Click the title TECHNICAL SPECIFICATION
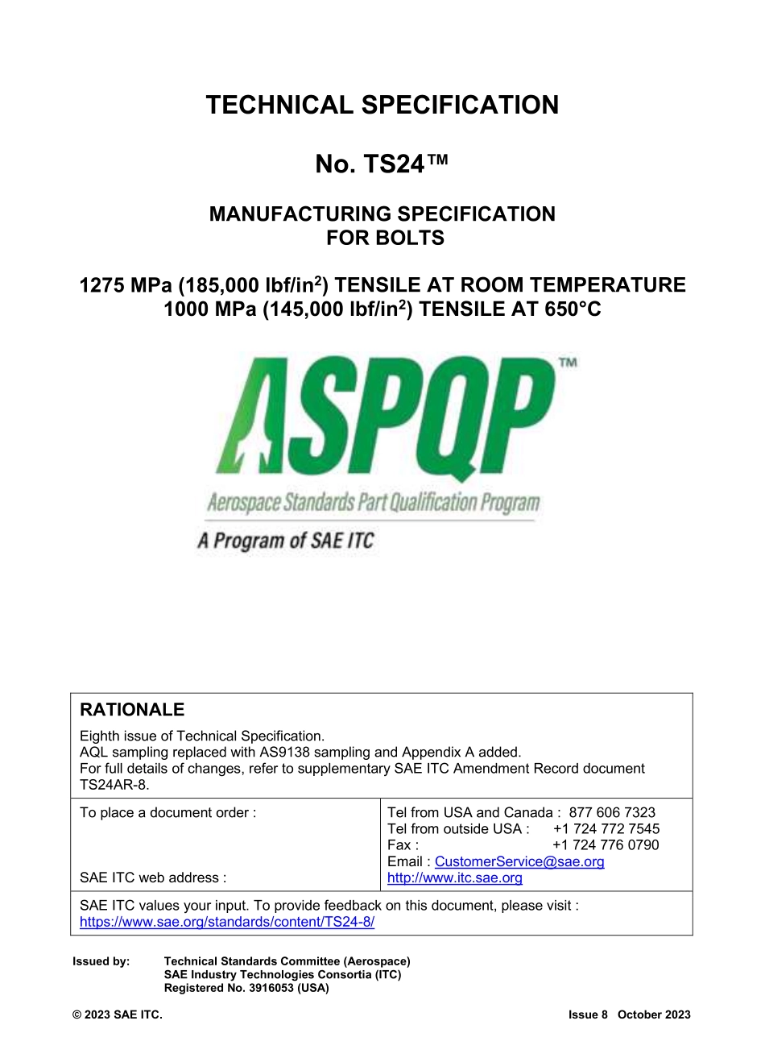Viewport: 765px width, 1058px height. [x=382, y=106]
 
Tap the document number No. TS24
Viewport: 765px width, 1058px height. [x=381, y=164]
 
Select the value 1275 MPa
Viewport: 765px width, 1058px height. [x=125, y=285]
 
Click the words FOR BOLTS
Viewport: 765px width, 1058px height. [x=385, y=239]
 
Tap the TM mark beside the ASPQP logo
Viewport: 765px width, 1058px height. [x=568, y=363]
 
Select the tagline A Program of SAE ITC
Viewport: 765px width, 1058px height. [x=286, y=541]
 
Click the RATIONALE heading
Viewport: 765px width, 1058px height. [x=132, y=710]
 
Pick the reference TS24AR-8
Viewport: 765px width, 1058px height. [x=114, y=785]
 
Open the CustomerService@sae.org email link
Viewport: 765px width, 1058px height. [x=519, y=862]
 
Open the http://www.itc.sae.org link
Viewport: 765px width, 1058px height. [x=454, y=878]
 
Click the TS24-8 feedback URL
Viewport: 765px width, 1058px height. [x=227, y=922]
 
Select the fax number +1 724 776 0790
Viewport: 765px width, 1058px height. [x=606, y=845]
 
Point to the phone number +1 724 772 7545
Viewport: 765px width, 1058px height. [x=606, y=829]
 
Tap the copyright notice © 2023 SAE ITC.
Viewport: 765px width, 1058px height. [x=118, y=1015]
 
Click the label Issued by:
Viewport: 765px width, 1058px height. [x=101, y=961]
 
